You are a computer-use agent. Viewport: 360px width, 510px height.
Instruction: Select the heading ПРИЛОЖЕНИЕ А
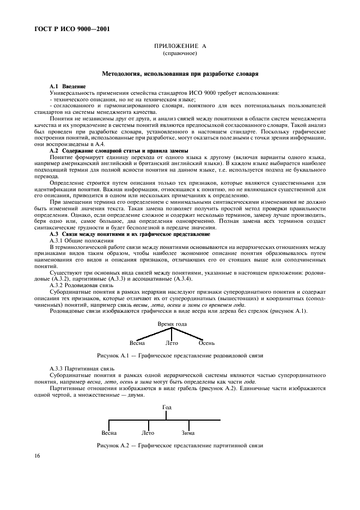[180, 48]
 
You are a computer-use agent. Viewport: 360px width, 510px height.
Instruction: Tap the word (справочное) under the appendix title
[180, 54]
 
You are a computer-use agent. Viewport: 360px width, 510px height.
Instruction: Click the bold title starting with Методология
[180, 72]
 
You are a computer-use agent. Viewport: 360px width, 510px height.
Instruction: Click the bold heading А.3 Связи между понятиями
[129, 234]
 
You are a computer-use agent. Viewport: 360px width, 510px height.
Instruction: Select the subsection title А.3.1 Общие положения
[82, 240]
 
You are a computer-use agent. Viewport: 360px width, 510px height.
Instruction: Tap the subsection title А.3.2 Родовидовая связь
[81, 284]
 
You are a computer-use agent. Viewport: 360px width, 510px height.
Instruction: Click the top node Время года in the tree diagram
[172, 324]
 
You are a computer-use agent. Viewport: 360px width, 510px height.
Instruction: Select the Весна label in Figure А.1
[137, 343]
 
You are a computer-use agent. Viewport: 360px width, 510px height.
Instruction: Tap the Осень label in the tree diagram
[206, 343]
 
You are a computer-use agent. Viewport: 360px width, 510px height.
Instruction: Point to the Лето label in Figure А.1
[172, 343]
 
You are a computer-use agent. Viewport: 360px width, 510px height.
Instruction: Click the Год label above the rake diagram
[166, 407]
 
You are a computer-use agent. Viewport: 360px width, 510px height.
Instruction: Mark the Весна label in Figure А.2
[109, 433]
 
